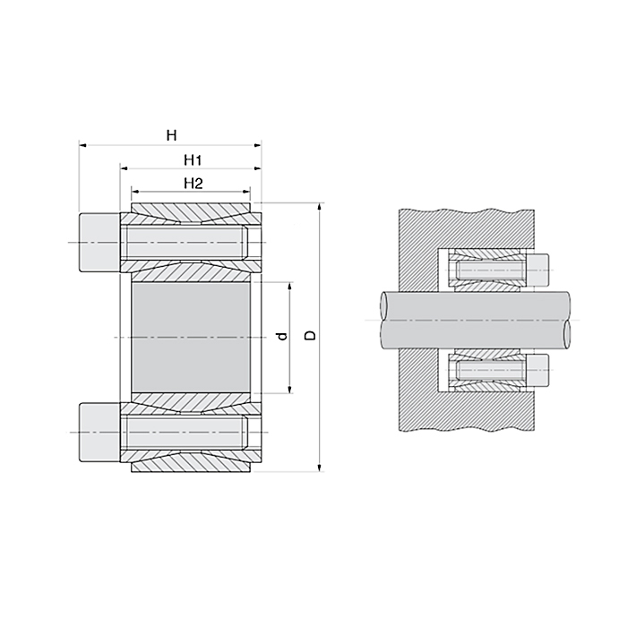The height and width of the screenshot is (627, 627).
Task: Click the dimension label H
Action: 170,134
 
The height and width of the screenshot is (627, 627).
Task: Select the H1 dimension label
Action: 190,159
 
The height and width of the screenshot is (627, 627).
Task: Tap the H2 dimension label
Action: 190,183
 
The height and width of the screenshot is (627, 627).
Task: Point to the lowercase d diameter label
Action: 280,337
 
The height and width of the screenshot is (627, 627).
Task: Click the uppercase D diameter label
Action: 310,336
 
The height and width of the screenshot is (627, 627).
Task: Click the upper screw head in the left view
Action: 99,243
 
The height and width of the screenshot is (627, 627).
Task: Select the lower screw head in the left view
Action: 99,432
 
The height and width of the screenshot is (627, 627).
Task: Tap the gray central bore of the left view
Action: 191,337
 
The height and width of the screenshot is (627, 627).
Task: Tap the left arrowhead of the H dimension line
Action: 83,143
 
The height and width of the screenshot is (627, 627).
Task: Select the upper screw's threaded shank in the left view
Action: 184,243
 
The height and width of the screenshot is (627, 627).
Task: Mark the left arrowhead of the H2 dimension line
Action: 136,191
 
